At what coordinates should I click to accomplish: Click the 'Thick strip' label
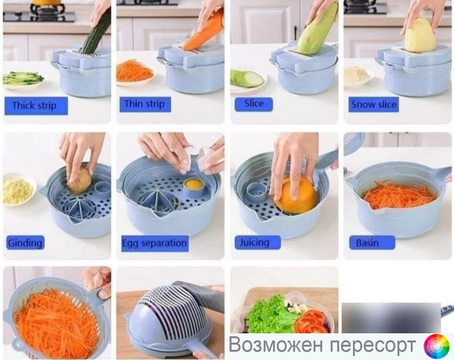pyautogui.click(x=36, y=106)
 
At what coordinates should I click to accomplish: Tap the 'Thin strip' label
pyautogui.click(x=145, y=104)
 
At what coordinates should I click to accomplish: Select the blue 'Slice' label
pyautogui.click(x=254, y=104)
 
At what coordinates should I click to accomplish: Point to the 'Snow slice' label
pyautogui.click(x=374, y=104)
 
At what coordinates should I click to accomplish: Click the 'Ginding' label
pyautogui.click(x=25, y=242)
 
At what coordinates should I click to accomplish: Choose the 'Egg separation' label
pyautogui.click(x=154, y=243)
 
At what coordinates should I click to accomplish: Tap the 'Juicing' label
pyautogui.click(x=258, y=242)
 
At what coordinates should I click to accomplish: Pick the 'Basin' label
pyautogui.click(x=372, y=242)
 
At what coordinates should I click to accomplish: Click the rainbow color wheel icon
pyautogui.click(x=437, y=346)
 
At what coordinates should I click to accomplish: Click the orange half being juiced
pyautogui.click(x=296, y=195)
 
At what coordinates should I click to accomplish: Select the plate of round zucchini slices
pyautogui.click(x=248, y=79)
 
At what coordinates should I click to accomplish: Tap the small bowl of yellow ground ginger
pyautogui.click(x=18, y=190)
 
